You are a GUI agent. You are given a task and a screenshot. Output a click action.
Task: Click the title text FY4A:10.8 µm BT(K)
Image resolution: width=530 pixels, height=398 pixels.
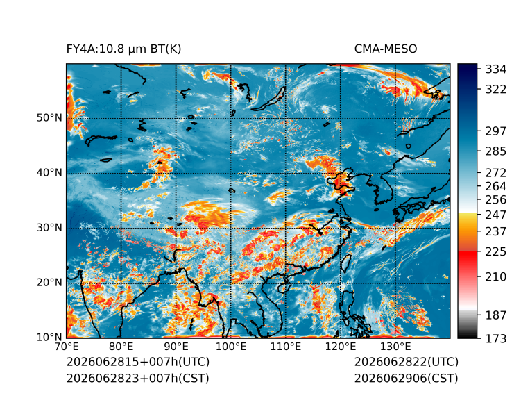pos(123,49)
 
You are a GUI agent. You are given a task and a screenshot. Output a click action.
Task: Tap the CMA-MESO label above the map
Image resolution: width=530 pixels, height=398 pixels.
pos(386,49)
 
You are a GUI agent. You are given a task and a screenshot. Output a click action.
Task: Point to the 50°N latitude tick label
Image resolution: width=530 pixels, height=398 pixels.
pos(49,118)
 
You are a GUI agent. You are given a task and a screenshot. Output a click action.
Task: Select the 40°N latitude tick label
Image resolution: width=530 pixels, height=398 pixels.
pos(49,173)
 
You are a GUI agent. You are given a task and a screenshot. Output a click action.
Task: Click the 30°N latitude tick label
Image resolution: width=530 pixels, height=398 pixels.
pos(49,228)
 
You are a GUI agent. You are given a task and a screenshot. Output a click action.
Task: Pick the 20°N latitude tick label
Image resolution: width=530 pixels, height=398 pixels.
pos(49,283)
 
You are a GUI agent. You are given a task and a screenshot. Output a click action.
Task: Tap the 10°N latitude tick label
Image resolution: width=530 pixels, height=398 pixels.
pos(49,338)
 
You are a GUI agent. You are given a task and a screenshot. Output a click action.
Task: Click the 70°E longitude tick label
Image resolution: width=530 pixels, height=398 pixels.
pos(67,347)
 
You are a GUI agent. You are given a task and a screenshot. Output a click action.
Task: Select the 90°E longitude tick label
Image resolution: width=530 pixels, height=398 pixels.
pos(176,347)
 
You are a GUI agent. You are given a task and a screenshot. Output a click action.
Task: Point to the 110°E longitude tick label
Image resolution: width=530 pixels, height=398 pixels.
pos(286,347)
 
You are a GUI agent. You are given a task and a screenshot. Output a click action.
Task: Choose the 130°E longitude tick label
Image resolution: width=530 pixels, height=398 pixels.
pos(395,347)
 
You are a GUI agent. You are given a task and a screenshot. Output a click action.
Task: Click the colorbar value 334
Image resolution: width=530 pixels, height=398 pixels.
pos(496,69)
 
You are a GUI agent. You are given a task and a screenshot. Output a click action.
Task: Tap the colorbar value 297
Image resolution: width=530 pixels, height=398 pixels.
pos(496,131)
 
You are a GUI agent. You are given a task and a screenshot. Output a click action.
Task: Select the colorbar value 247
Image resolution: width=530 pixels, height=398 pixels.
pos(496,215)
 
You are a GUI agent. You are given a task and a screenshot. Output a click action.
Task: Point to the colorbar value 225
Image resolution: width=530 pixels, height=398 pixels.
pos(496,252)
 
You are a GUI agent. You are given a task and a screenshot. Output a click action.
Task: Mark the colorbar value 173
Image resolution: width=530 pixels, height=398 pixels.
pos(496,338)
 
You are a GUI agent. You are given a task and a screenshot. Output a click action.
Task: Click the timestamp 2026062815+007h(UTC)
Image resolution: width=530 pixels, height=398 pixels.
pos(138,362)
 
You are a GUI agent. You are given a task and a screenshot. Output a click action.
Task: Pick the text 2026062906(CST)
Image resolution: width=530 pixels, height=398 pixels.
pos(407,379)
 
